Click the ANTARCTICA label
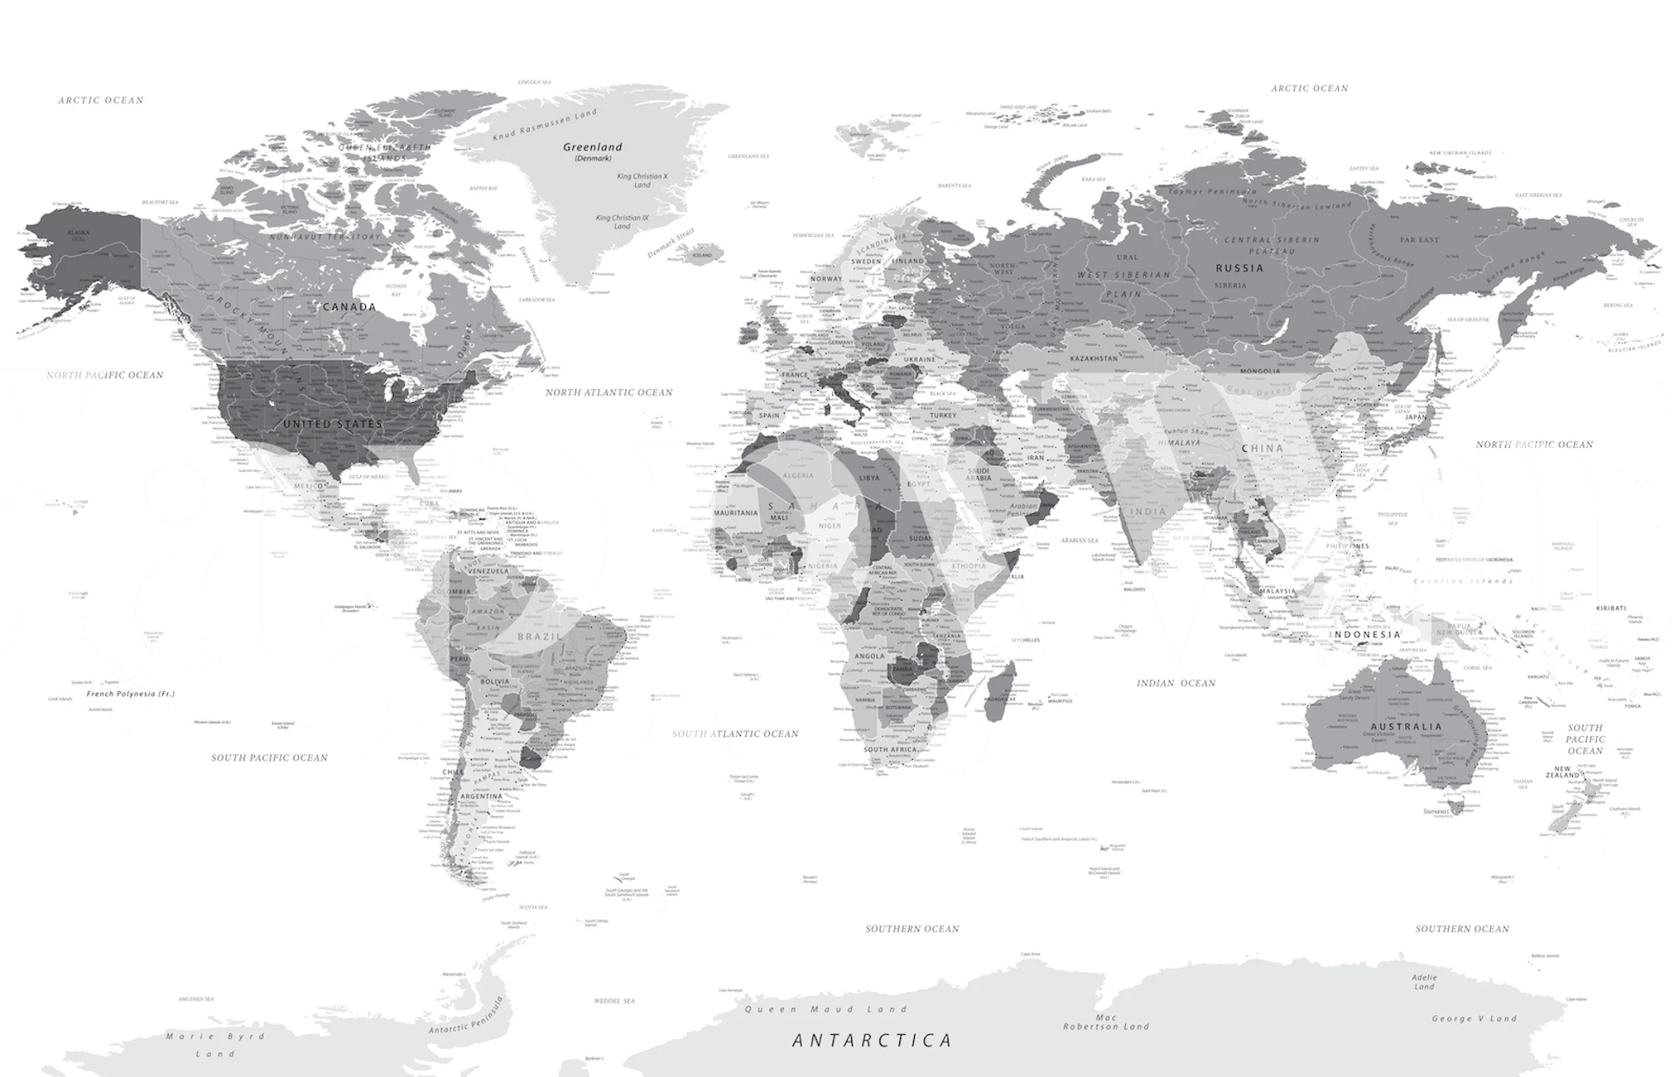(x=872, y=1041)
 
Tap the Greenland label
(x=593, y=147)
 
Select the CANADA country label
(x=349, y=306)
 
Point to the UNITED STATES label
(x=333, y=424)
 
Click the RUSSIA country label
(x=1240, y=268)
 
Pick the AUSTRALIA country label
(x=1406, y=727)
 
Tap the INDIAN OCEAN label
(x=1176, y=683)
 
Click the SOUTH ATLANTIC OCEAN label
(x=735, y=733)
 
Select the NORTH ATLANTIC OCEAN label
(x=608, y=393)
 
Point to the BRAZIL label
(x=539, y=636)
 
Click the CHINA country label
(x=1262, y=449)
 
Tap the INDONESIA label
(x=1365, y=634)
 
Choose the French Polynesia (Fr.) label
(x=130, y=693)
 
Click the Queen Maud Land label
(x=825, y=1009)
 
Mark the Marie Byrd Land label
(x=215, y=1044)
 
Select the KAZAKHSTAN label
(x=1094, y=358)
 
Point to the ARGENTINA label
(x=481, y=796)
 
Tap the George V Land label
(x=1473, y=1018)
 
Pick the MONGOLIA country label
(x=1259, y=371)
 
